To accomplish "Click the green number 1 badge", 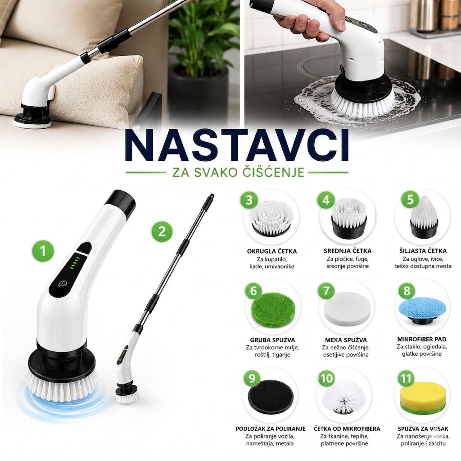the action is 43,251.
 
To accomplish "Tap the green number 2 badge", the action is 162,231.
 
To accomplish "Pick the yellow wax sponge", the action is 421,400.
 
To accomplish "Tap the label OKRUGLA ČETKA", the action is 271,251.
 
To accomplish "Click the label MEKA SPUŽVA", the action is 346,340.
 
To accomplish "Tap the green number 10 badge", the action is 326,379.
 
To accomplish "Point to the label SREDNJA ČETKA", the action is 348,251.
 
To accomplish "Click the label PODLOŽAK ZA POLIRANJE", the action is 271,429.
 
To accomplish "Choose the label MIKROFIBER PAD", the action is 421,339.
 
